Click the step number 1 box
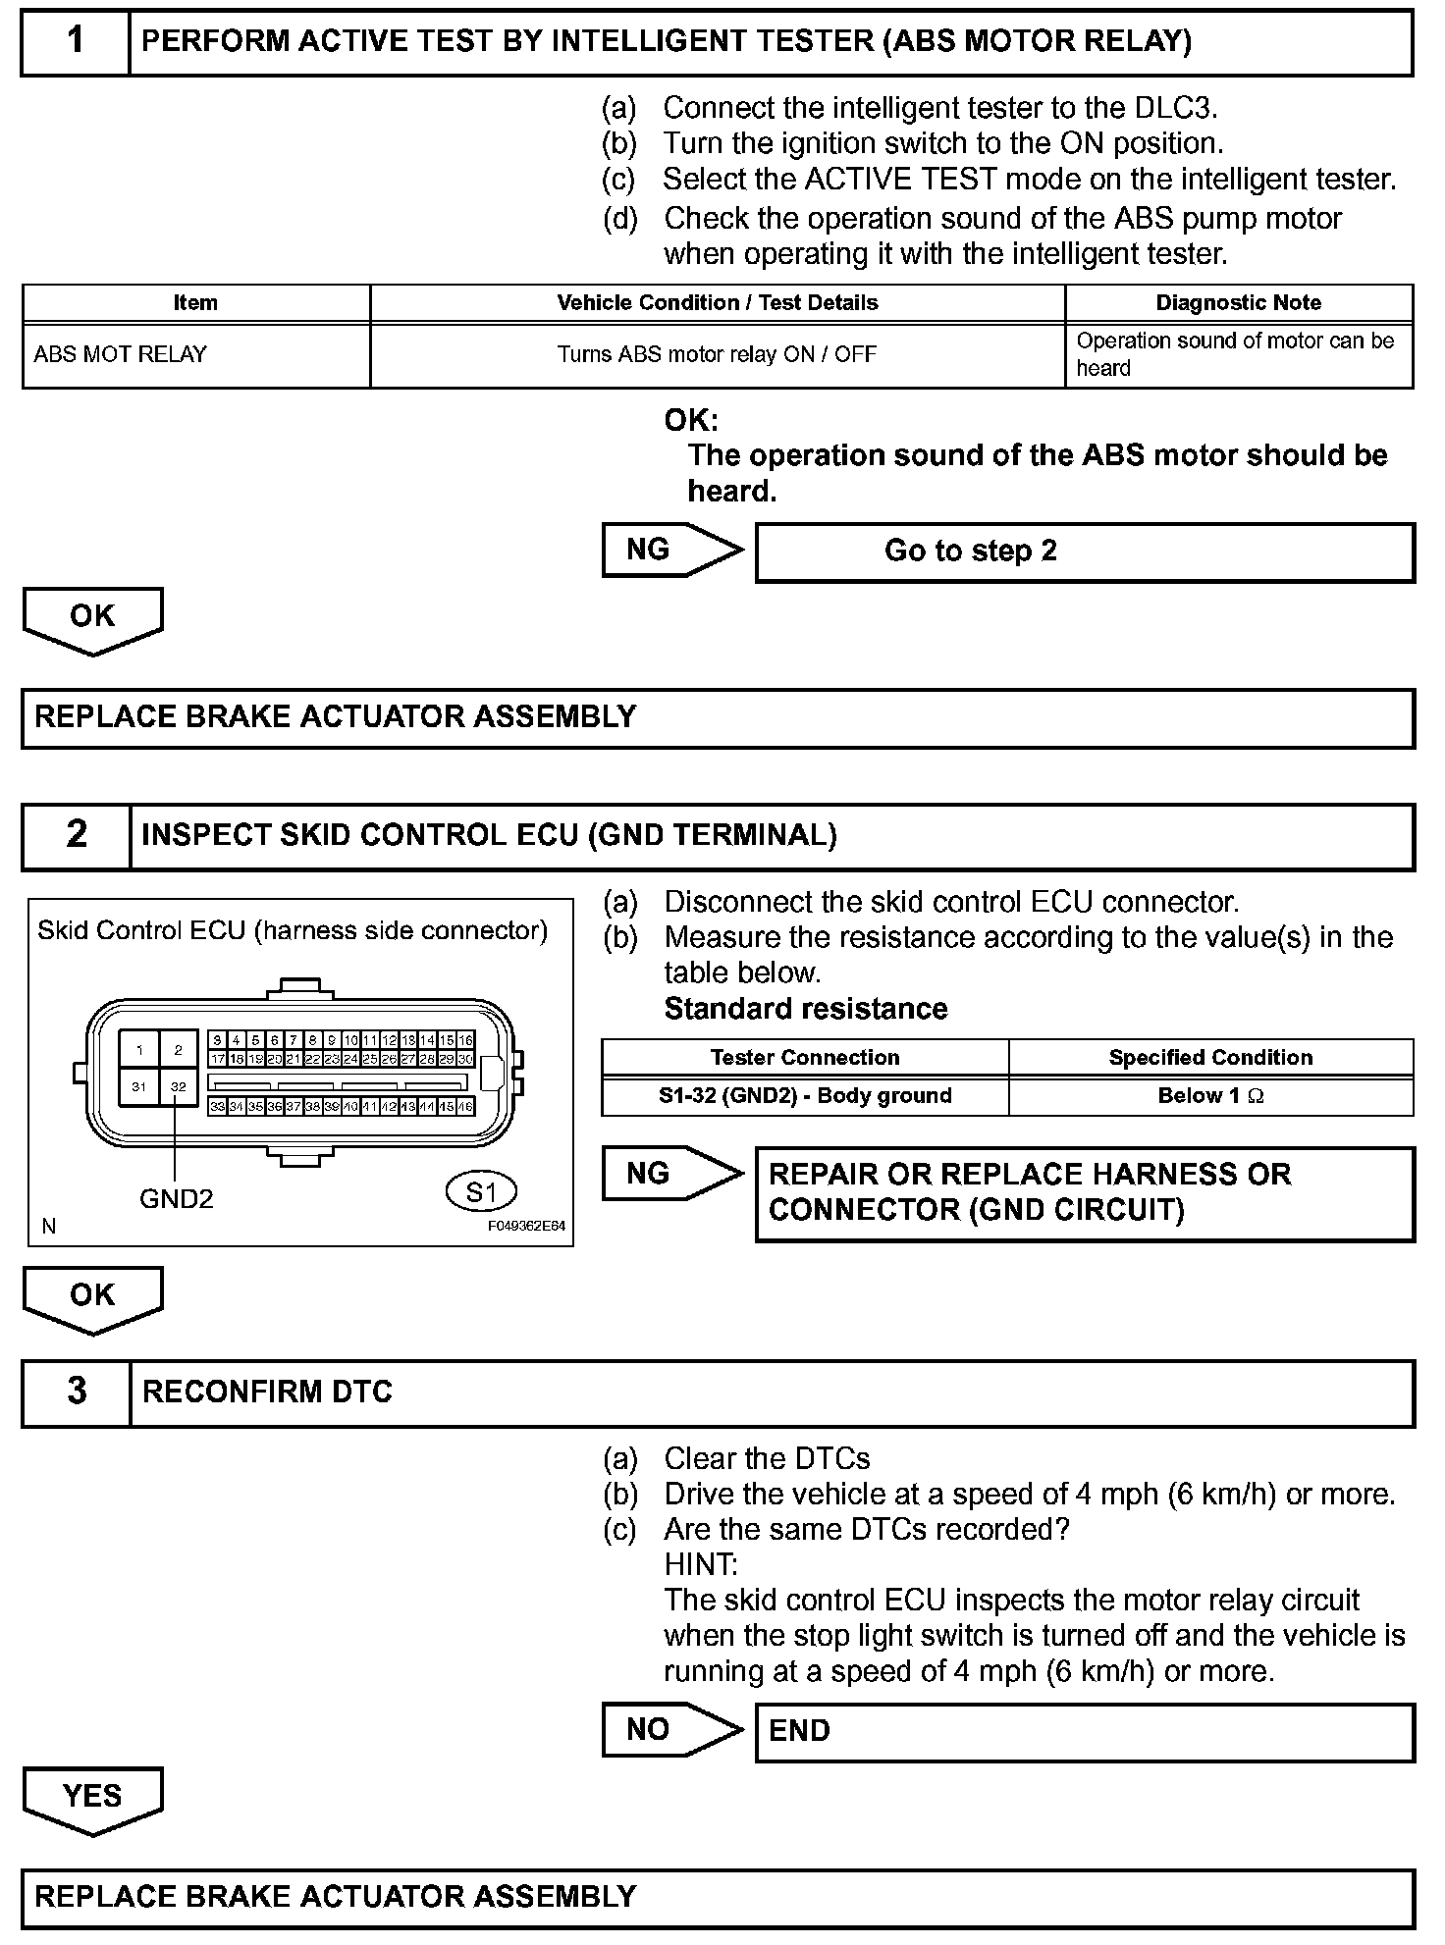click(76, 41)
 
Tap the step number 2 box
click(76, 835)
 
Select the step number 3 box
click(76, 1392)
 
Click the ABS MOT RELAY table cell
click(195, 354)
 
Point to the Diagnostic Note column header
click(1238, 302)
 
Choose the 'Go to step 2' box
click(1084, 552)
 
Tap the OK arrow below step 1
click(92, 619)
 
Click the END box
click(1084, 1731)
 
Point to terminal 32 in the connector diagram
click(178, 1087)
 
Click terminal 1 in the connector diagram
click(139, 1050)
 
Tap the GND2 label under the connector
click(176, 1198)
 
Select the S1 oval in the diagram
click(480, 1192)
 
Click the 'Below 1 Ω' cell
click(1210, 1096)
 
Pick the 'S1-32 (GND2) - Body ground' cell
click(805, 1096)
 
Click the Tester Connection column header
click(805, 1057)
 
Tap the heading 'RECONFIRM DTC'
click(267, 1392)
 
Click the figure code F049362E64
click(526, 1226)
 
